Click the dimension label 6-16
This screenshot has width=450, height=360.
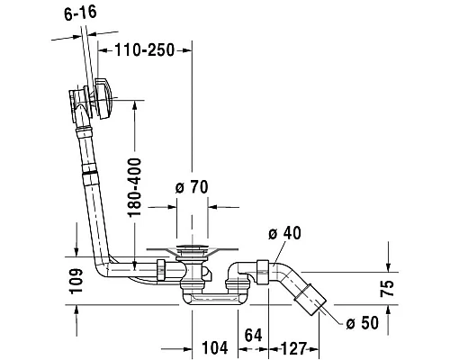80,13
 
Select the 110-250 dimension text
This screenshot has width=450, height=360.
145,50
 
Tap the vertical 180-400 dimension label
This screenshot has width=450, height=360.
134,187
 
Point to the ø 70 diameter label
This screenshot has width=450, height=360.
192,187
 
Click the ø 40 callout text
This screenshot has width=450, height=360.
284,233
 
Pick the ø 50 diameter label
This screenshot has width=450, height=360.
362,323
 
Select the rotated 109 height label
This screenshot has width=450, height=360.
76,281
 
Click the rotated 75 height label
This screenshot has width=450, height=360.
387,288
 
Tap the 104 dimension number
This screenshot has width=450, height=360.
215,347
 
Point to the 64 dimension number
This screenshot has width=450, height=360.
253,335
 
